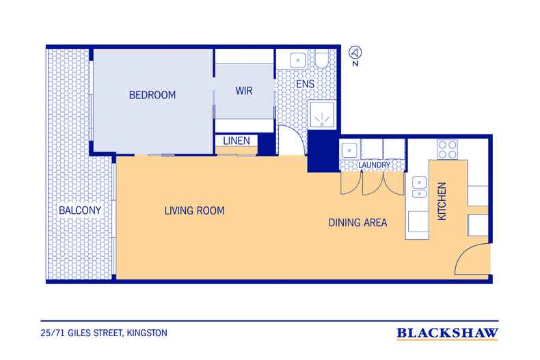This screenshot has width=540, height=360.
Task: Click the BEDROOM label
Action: [x=152, y=95]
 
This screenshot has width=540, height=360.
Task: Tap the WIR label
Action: [x=244, y=91]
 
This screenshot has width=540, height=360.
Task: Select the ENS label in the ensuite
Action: [x=305, y=84]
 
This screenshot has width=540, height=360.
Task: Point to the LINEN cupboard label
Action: [x=237, y=141]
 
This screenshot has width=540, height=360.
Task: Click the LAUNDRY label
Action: [x=374, y=165]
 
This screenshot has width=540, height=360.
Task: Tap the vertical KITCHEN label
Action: [x=442, y=201]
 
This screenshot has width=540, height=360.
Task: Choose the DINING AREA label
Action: [x=357, y=223]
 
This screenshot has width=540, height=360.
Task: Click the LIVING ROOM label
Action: [x=194, y=210]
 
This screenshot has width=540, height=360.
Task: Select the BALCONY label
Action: [x=80, y=210]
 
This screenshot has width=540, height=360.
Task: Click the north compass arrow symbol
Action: [x=355, y=53]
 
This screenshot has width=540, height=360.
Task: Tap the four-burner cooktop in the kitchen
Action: [x=447, y=150]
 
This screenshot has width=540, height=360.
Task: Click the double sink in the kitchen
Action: [x=419, y=188]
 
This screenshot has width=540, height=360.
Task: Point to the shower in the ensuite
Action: [x=322, y=115]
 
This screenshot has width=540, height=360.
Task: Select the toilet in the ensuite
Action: [x=323, y=59]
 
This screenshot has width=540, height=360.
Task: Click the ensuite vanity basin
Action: [x=298, y=61]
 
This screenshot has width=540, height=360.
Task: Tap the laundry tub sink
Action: [x=349, y=150]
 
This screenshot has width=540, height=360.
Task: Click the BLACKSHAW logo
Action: [x=447, y=333]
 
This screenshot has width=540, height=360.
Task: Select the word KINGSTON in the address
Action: [x=147, y=333]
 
